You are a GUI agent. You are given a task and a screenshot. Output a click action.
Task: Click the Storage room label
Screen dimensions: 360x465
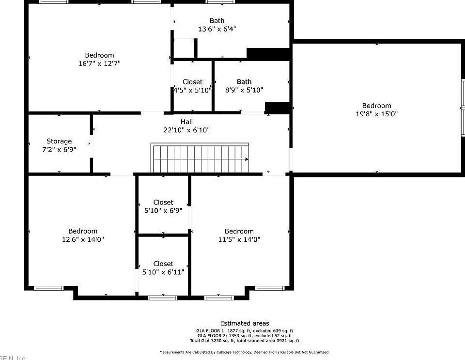coord(59,141)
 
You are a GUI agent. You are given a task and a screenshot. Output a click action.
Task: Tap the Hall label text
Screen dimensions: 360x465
coord(186,122)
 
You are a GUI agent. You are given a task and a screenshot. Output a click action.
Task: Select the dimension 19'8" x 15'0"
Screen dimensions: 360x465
coord(376,114)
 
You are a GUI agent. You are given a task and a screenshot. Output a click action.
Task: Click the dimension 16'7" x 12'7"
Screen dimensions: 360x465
coord(99,63)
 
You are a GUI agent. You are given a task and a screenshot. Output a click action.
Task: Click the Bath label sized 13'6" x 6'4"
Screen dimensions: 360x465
coord(217,21)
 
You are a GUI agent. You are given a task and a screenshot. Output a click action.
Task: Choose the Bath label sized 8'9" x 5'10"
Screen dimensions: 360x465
coord(244,82)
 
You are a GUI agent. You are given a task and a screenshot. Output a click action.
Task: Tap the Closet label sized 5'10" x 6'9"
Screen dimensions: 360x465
coord(163,203)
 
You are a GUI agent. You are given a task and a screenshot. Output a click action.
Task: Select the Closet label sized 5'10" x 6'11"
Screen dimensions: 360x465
coord(163,264)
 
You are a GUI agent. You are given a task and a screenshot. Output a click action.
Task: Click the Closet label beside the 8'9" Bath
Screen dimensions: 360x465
coord(192,82)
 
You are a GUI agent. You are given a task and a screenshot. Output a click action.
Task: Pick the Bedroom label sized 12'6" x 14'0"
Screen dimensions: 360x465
coord(82,231)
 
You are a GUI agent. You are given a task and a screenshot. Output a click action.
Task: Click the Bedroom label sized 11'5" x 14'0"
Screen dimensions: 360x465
coord(239,231)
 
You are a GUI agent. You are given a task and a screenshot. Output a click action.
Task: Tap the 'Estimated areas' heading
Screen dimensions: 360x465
coord(245,323)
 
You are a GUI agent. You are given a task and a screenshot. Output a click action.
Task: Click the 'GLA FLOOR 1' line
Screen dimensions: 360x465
coord(245,330)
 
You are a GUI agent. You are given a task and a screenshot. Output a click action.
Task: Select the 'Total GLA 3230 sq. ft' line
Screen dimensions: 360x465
coord(245,341)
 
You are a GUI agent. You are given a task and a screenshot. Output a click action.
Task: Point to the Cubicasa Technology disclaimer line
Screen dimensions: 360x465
coord(245,352)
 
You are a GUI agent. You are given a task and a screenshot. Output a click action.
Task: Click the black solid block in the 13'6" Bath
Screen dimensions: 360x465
coord(268,54)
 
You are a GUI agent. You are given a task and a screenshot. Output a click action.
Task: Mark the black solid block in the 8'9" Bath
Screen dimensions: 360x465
coord(277,108)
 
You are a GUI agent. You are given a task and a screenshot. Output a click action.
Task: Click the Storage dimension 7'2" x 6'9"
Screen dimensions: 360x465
coord(59,150)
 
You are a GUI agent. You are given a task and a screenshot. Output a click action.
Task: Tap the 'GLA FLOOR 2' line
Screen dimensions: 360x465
coord(245,335)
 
